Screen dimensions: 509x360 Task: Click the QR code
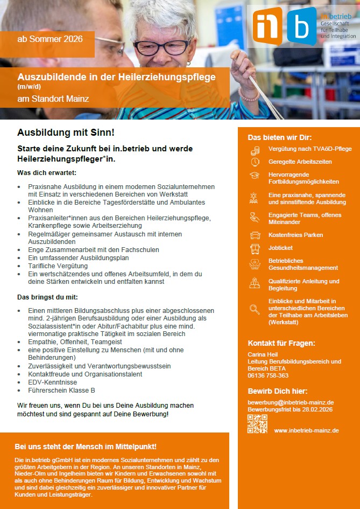(257, 424)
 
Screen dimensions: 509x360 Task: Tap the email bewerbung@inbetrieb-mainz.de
(291, 402)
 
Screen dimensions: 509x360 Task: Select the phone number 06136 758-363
(268, 375)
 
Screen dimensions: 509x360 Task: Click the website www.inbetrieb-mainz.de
(306, 430)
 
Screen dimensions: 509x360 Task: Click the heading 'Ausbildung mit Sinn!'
(66, 132)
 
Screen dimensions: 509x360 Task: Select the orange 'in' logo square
(267, 25)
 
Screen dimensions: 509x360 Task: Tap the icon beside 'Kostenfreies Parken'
(255, 235)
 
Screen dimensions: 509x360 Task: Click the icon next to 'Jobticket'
(255, 249)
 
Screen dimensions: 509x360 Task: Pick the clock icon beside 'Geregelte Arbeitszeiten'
(255, 162)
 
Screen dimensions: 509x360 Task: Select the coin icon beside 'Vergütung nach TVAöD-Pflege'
(255, 149)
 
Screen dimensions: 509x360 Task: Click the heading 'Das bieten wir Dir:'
(279, 137)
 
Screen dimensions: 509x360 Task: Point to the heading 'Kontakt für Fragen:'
(281, 343)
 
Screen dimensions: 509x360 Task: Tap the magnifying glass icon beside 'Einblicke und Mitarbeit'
(255, 309)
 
